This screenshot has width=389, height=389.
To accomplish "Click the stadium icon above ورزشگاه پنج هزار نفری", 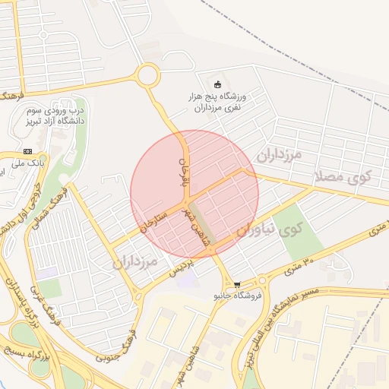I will pos(220,84).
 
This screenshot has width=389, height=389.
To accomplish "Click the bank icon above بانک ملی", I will pos(28,150).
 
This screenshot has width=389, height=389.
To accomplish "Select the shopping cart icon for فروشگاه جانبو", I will pos(237,283).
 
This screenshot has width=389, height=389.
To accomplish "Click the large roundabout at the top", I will pos(147,75).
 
